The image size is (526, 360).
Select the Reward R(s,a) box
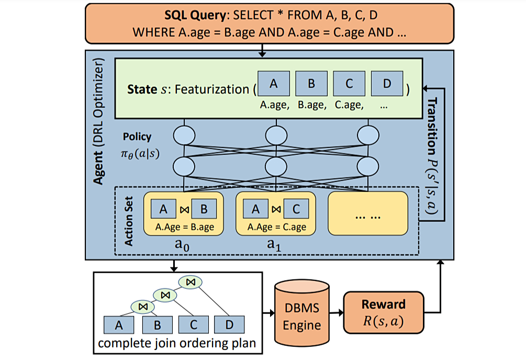384,312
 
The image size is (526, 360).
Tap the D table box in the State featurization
387,84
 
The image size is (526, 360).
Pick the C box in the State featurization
349,84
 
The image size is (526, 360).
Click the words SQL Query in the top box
195,15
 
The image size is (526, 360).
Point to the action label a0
182,245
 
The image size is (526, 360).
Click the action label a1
274,245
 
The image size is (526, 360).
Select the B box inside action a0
204,209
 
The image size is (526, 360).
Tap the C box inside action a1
296,209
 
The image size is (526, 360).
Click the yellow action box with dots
368,213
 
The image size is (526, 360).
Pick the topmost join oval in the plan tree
191,282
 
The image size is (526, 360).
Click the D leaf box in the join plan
229,325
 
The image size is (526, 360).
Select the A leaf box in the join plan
119,325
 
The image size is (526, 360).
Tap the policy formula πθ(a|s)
140,153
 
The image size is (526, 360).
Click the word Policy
137,137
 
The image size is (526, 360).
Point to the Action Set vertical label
128,221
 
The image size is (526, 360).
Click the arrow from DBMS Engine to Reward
337,313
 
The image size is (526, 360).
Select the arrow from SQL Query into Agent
262,50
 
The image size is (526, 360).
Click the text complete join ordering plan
177,343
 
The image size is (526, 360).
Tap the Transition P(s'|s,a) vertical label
432,156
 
